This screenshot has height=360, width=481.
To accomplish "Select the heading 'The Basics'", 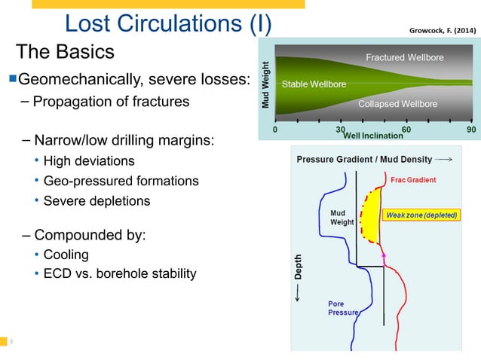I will pos(66,52).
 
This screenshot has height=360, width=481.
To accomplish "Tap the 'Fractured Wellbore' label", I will pos(404,58).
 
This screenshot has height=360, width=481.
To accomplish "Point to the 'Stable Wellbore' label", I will pos(314,84).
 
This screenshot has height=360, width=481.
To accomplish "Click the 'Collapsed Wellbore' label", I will pos(397,104).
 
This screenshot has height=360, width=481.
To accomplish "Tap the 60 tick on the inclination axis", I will pos(407,130).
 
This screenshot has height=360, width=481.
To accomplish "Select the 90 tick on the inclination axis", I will pos(473,130).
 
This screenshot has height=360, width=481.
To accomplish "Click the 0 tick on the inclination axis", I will pos(274,130).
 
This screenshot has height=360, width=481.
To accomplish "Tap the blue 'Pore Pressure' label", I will pos(343,308).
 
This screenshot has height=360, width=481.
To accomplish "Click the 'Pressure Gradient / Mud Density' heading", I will pos(364,160).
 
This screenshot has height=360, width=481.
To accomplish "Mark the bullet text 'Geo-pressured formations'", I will pos(121,181).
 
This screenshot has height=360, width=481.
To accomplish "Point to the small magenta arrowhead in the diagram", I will pos(383,256).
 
